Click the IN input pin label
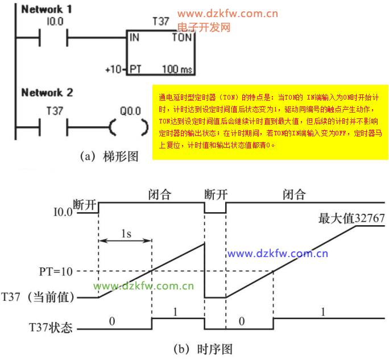[135, 38]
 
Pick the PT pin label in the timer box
[135, 69]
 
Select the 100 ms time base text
[177, 69]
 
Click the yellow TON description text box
[270, 122]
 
